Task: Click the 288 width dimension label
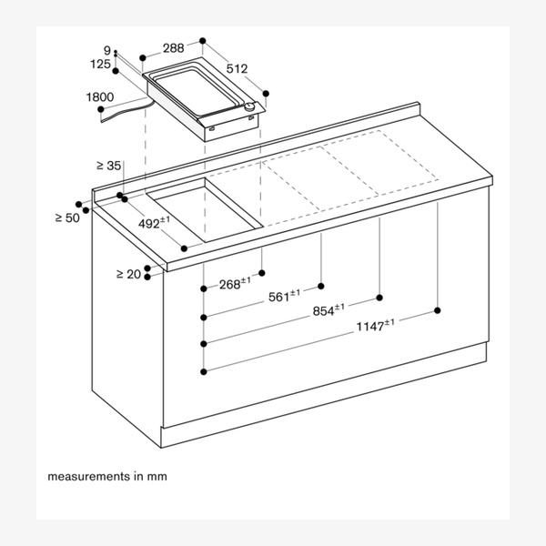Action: tap(174, 48)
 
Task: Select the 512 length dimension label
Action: tap(237, 69)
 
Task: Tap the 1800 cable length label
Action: tap(100, 97)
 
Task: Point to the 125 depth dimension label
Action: tap(100, 64)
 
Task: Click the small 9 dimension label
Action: tap(107, 50)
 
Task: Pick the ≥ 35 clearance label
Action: tap(109, 166)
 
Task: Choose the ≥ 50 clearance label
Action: tap(67, 218)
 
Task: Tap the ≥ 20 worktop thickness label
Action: tap(129, 275)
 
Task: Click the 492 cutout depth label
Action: tap(155, 223)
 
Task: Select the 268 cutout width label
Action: tap(235, 283)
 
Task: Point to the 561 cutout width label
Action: tap(284, 296)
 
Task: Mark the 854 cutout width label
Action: tap(329, 310)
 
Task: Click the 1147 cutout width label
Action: tap(375, 326)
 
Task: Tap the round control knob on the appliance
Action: tap(249, 107)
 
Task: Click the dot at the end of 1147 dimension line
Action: tap(438, 310)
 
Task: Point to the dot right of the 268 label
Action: tap(262, 273)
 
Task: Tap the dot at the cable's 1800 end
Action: tap(101, 109)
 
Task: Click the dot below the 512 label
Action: tap(266, 94)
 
